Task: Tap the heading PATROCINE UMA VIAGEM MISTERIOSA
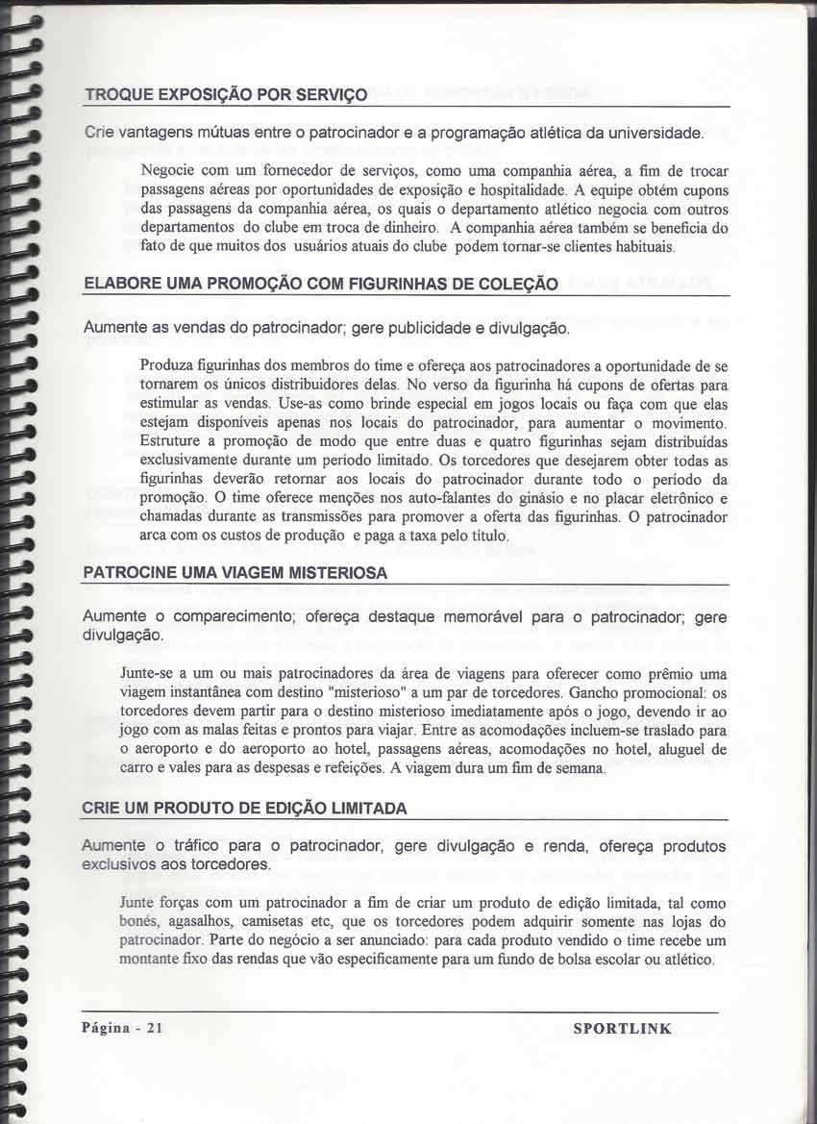tap(235, 573)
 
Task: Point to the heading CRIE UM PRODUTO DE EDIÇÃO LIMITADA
tap(245, 809)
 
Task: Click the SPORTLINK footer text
tap(622, 1029)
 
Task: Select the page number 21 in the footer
tap(156, 1029)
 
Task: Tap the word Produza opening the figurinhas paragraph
tap(169, 365)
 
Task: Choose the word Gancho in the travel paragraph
tap(601, 692)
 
